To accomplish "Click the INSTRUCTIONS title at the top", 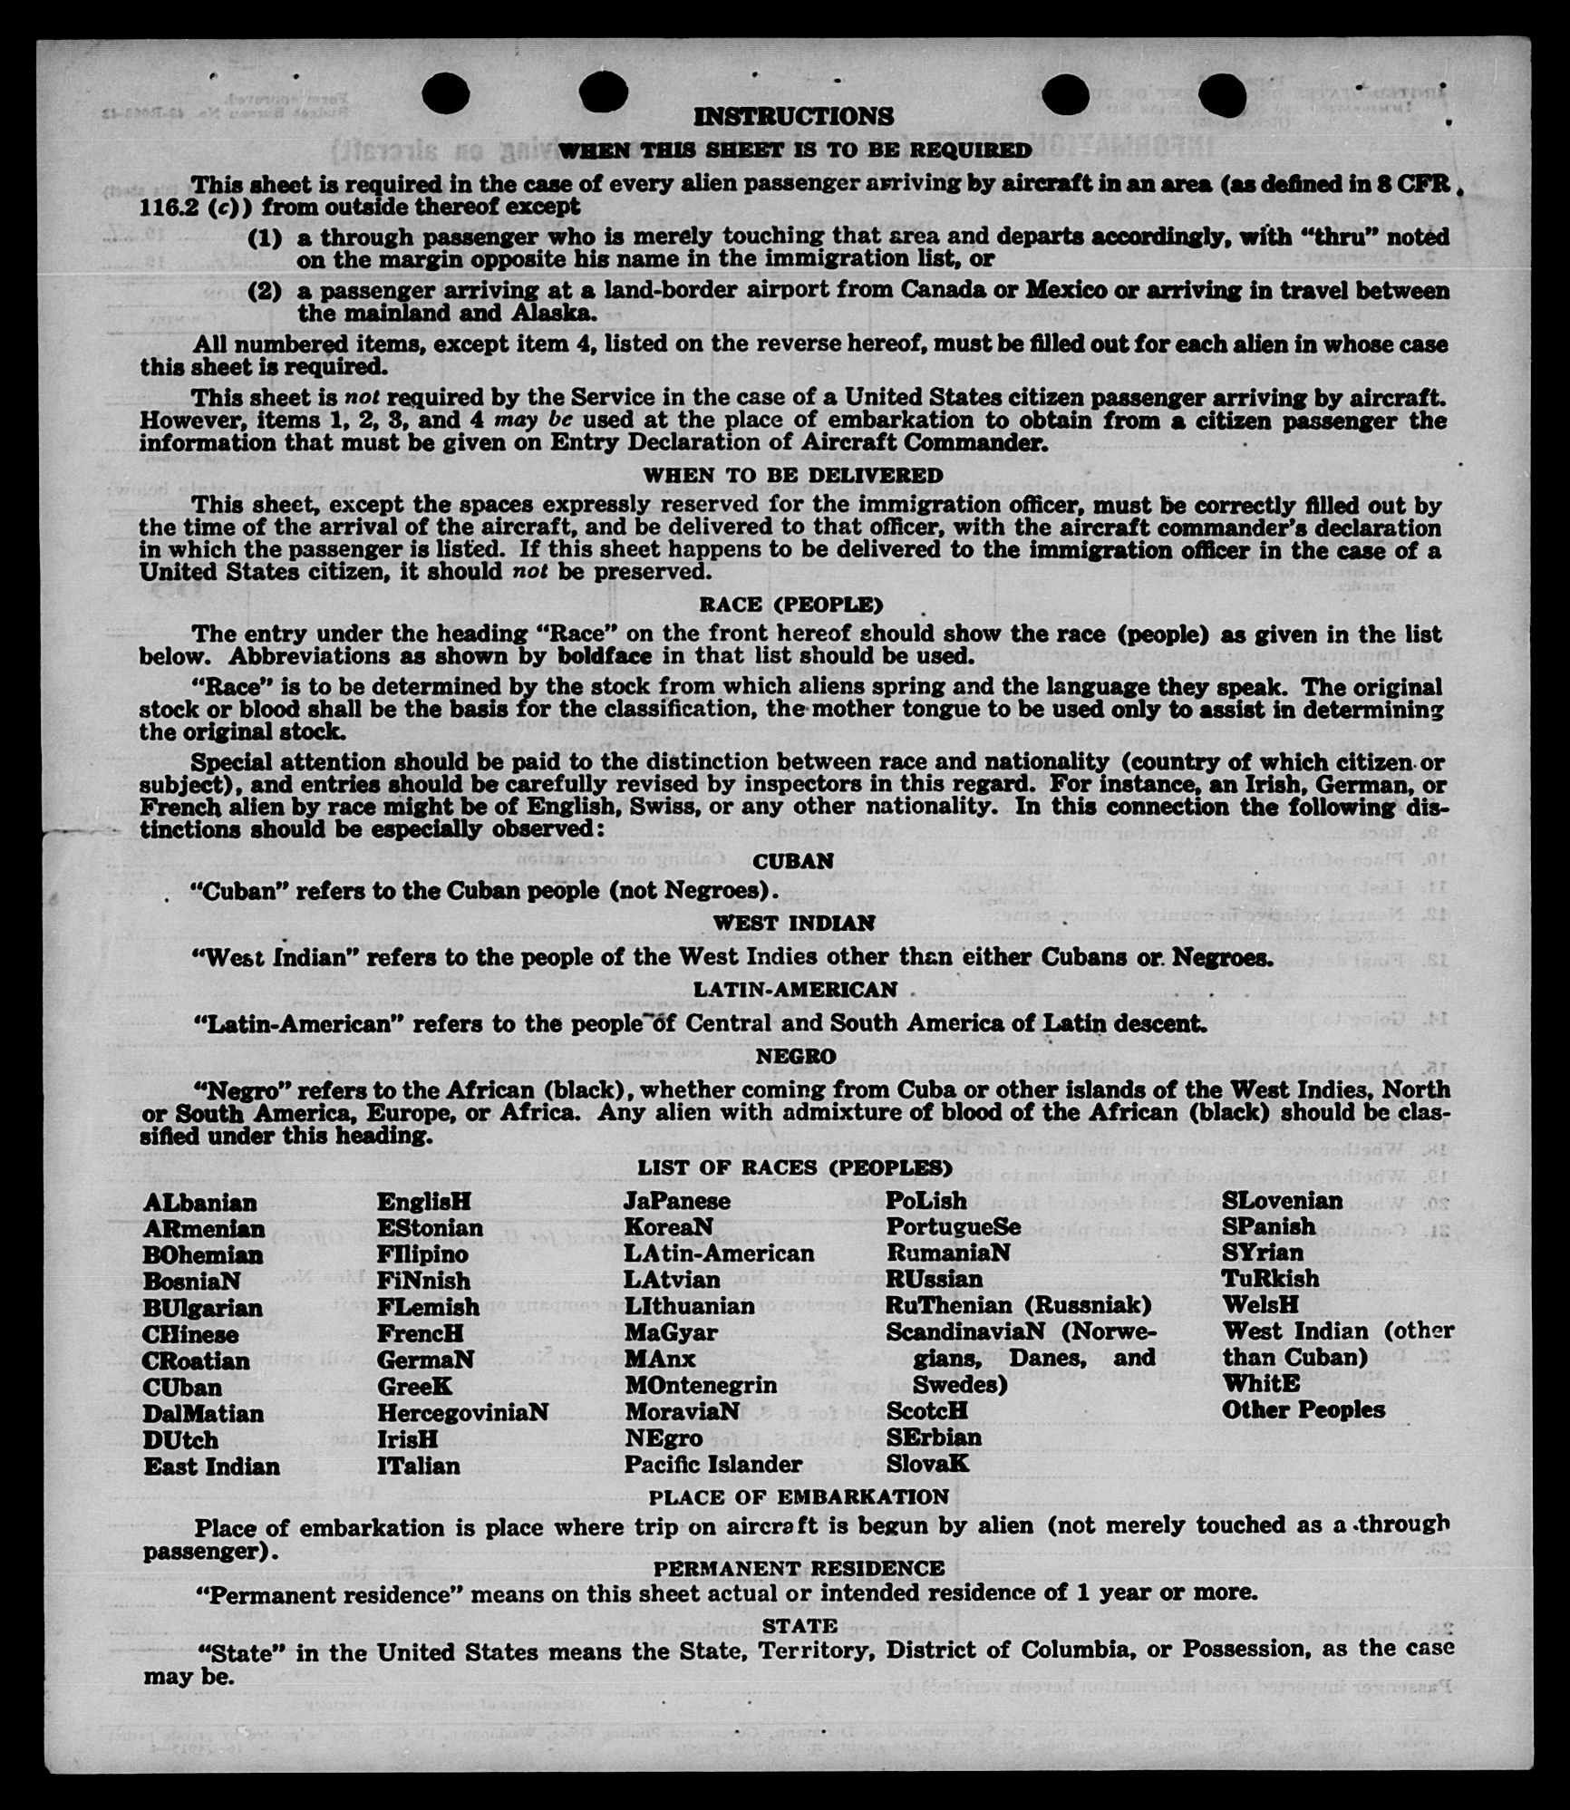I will pos(793,117).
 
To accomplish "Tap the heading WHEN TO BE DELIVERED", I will pos(793,475).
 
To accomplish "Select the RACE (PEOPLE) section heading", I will pos(790,605).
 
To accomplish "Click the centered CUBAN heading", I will pos(793,861).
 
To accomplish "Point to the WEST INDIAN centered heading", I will pos(793,924).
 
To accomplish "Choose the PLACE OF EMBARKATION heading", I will pos(799,1496).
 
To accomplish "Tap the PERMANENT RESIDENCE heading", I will pos(799,1569).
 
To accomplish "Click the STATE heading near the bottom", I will pos(800,1626).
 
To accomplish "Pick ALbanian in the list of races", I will pos(199,1203).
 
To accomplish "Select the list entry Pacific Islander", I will pos(712,1465).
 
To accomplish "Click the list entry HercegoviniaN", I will pos(462,1413).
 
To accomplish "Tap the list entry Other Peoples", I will pos(1303,1410).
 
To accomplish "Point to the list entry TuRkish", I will pos(1270,1279).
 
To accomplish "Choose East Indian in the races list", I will pos(211,1466).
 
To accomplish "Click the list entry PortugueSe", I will pos(953,1227).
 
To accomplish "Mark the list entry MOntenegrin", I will pos(700,1386).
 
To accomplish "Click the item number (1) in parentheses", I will pos(265,238).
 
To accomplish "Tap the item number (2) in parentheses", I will pos(265,292).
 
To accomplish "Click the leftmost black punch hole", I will pos(445,92).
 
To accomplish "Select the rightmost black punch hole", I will pos(1222,92).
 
